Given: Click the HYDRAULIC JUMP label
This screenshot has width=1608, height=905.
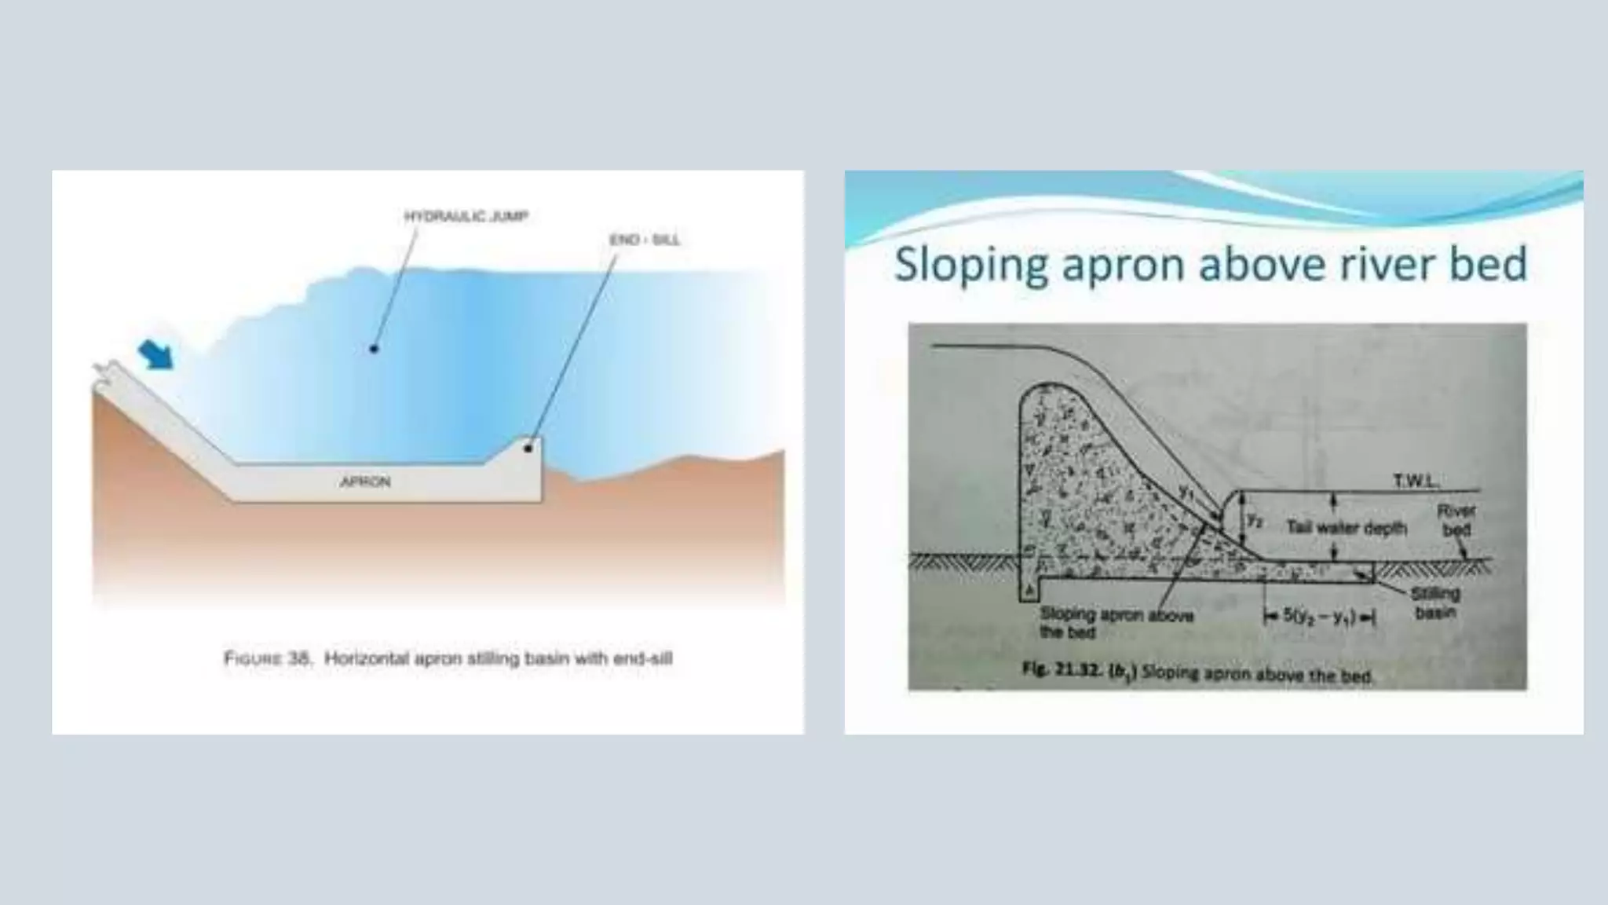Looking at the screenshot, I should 466,216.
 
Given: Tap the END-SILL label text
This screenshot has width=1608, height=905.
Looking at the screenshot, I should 645,240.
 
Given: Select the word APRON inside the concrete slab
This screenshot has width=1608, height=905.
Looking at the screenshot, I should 365,482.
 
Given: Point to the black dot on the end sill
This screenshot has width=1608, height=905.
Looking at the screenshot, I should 528,449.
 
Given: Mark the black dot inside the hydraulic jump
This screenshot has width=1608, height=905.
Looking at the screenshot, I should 374,348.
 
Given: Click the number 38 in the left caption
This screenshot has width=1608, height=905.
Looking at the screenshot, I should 299,658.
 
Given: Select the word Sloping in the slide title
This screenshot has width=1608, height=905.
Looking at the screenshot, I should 971,264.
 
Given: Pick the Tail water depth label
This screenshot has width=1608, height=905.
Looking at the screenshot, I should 1346,527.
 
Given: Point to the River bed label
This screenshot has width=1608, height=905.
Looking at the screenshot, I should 1456,520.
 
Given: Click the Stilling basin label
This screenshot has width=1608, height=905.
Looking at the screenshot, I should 1435,603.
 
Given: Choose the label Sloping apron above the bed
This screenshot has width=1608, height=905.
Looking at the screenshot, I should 1116,623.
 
